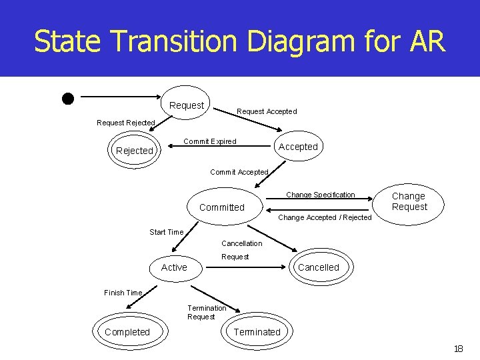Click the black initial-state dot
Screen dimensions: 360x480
pos(67,99)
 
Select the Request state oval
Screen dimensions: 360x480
pos(187,105)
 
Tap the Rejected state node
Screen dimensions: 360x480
pos(135,151)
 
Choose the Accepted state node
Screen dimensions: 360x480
pos(298,147)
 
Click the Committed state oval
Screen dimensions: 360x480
pos(222,207)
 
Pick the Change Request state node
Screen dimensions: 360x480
pos(409,201)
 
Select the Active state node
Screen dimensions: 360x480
pos(174,267)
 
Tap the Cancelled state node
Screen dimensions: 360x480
pos(318,267)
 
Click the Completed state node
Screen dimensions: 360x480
pos(127,332)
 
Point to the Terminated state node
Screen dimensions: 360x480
pos(257,332)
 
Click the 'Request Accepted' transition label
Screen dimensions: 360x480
pos(267,111)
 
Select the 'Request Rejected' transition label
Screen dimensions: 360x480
pos(125,123)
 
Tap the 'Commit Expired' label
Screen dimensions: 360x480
pos(209,141)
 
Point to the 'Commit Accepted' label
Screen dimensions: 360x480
pos(239,172)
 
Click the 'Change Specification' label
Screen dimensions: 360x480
pos(321,195)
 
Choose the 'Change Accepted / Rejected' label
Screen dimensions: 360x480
pos(324,217)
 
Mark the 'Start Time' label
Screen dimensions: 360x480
pos(166,232)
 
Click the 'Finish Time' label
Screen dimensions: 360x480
pos(123,293)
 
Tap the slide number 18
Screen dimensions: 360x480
pos(458,349)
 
